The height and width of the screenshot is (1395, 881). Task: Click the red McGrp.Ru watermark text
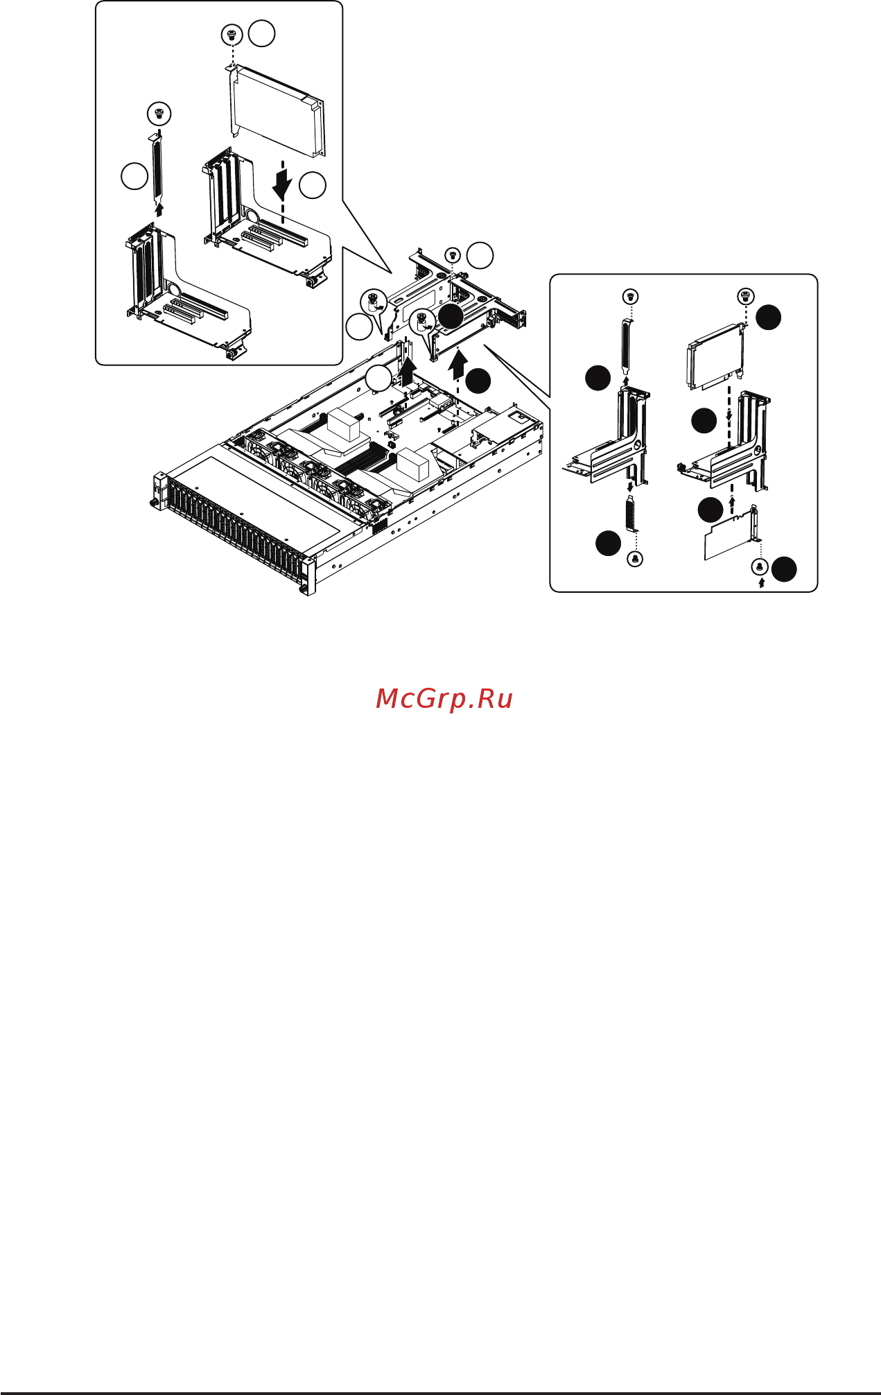pos(444,699)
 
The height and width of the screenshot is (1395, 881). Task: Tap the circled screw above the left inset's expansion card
pos(232,34)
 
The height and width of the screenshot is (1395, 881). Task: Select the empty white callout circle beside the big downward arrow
pos(313,185)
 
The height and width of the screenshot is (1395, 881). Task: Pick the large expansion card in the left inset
pos(277,110)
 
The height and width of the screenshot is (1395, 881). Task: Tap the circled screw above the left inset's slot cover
pos(159,113)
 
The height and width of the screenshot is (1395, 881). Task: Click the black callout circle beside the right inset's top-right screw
pos(768,318)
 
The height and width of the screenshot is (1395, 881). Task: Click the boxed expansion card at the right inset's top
pos(715,356)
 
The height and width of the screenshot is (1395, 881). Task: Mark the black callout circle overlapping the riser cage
pos(451,316)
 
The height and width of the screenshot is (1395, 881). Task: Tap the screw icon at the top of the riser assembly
pos(453,255)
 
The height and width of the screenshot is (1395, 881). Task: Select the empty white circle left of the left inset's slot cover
pos(134,176)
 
